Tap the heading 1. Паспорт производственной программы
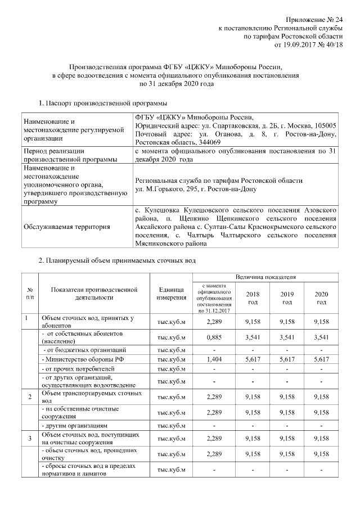(102, 103)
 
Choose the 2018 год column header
(253, 298)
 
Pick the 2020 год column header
(321, 298)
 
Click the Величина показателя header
(269, 277)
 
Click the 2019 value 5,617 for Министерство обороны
(287, 358)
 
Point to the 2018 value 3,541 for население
(253, 338)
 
